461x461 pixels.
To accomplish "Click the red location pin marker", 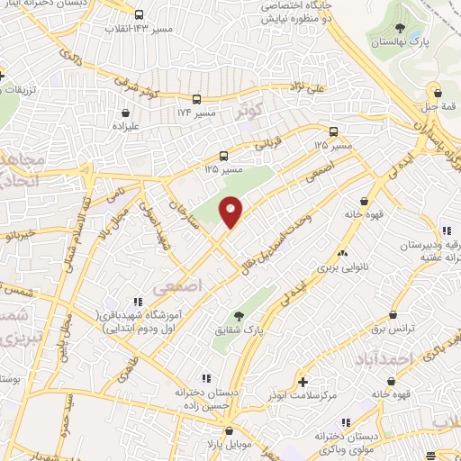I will pos(231,212).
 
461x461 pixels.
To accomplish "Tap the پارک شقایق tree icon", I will pos(239,315).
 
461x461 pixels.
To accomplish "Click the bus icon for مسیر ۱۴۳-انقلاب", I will pos(138,14).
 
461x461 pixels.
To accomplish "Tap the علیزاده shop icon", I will pos(124,114).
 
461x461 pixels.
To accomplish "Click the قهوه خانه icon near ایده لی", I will pos(364,201).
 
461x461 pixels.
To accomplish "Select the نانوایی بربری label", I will pos(340,267).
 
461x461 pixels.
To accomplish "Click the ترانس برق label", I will pos(393,329).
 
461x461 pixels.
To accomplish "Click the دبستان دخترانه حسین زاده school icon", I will pos(205,378).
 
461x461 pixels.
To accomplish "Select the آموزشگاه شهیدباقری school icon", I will pos(137,301).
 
